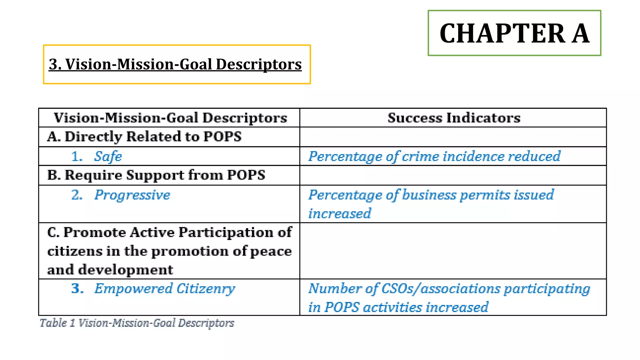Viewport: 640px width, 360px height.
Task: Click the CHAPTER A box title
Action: coord(514,33)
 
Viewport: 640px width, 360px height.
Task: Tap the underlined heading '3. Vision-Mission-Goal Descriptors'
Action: coord(175,64)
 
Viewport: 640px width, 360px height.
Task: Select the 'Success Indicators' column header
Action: coord(454,118)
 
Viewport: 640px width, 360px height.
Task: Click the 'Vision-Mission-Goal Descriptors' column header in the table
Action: coord(170,118)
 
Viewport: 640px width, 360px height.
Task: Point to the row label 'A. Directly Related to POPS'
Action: coord(144,137)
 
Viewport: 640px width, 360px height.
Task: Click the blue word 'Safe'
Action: coord(108,156)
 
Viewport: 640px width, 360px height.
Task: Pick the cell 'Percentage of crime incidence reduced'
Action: coord(434,156)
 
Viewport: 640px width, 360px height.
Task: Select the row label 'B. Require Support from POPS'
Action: coord(156,175)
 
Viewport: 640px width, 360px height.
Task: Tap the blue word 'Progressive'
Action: coord(132,195)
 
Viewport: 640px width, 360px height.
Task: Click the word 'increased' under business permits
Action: coord(339,214)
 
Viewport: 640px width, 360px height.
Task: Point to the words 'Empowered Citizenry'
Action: coord(165,288)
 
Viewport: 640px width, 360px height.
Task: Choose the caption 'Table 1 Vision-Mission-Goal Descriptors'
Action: coord(137,323)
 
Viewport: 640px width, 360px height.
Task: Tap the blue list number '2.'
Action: coord(77,195)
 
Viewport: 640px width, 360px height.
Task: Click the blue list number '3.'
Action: coord(77,288)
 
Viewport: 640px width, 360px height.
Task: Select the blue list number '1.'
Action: coord(77,156)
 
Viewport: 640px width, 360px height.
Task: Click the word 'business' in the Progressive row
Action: coord(429,195)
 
